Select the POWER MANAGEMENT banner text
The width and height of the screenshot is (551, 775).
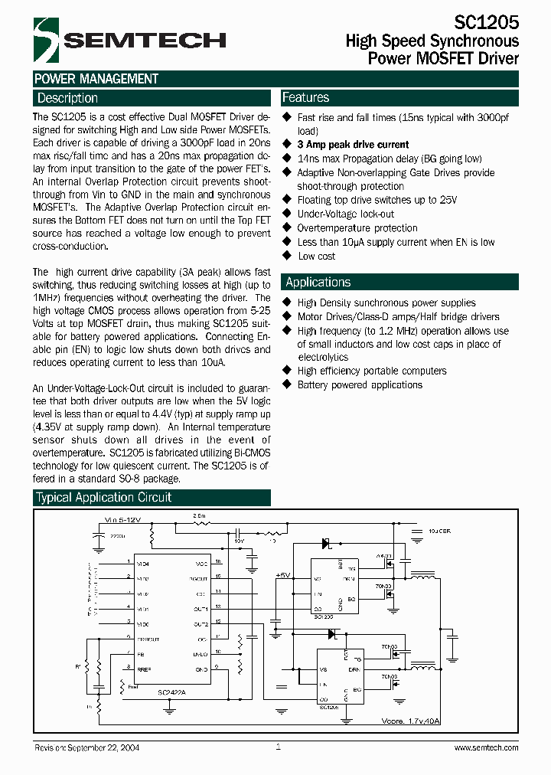(x=96, y=78)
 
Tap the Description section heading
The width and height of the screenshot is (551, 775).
(x=67, y=98)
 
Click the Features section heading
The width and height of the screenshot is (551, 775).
(x=305, y=97)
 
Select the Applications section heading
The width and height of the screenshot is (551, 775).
(x=318, y=282)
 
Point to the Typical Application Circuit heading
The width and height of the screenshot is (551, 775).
(x=104, y=497)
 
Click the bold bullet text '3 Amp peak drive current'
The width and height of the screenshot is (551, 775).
(x=353, y=145)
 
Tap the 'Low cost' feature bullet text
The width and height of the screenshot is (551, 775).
(x=316, y=256)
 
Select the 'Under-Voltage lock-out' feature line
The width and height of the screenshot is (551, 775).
(x=345, y=214)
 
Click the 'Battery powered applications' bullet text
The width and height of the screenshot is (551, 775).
(x=359, y=384)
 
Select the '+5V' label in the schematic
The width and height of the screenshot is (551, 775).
(x=282, y=574)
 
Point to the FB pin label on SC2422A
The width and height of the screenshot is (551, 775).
(x=141, y=653)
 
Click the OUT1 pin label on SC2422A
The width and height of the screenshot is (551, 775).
(x=201, y=609)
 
